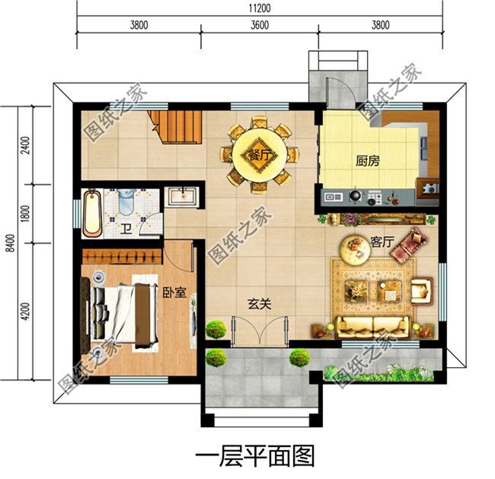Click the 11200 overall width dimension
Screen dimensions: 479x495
(259, 8)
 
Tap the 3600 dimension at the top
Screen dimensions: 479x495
(259, 24)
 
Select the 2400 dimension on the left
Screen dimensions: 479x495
(25, 145)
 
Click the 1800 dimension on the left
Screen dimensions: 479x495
(25, 214)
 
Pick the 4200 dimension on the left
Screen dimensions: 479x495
(25, 312)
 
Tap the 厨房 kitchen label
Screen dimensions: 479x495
(368, 161)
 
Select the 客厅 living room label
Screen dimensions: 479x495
(381, 241)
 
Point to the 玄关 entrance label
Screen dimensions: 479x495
(259, 303)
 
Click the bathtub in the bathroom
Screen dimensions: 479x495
(92, 213)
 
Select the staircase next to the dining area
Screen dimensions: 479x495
(176, 126)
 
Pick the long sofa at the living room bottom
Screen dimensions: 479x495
(373, 327)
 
